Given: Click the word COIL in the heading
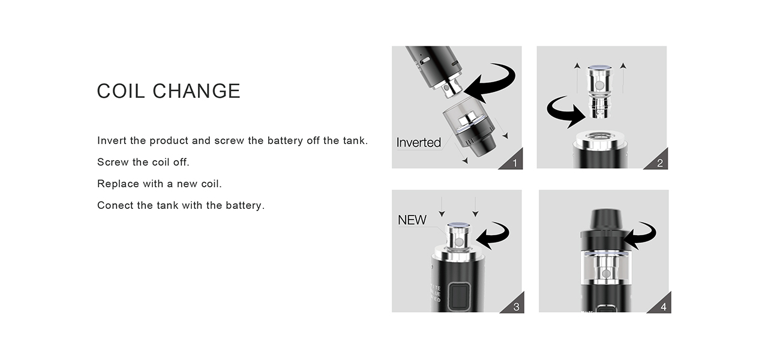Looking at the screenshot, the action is click(x=121, y=91).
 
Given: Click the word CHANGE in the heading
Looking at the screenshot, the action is click(x=196, y=91).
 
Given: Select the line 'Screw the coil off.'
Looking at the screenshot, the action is click(x=143, y=162).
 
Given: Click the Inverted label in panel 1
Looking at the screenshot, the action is click(x=419, y=143).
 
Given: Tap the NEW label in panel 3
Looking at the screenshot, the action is click(x=412, y=220).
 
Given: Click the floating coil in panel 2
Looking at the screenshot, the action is click(x=599, y=92).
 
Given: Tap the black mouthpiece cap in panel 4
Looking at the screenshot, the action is click(x=604, y=220).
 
